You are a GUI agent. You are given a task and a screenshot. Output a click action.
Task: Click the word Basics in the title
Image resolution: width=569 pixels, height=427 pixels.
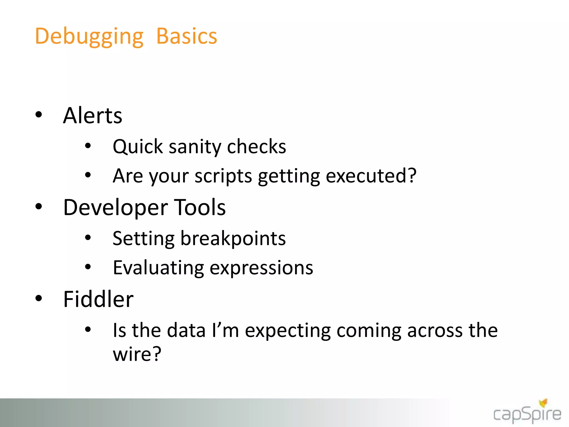[186, 37]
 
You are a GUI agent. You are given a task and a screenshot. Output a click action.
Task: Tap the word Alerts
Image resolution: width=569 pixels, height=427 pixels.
[93, 116]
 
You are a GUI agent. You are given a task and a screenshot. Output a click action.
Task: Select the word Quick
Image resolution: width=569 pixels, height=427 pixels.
[138, 147]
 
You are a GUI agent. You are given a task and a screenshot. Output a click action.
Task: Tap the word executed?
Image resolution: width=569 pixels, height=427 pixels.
[371, 176]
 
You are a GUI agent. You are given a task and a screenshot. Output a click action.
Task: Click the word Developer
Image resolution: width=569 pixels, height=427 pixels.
[115, 208]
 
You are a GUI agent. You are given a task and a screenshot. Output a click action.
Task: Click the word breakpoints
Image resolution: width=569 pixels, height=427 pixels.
[233, 239]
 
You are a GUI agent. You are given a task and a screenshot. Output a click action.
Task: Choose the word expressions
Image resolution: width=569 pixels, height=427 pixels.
[261, 268]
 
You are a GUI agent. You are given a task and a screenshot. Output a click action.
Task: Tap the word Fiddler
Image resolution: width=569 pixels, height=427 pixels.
[98, 299]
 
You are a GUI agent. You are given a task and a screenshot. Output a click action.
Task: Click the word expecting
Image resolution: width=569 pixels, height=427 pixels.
[288, 331]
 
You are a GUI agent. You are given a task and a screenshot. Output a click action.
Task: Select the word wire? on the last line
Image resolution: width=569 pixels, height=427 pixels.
[137, 354]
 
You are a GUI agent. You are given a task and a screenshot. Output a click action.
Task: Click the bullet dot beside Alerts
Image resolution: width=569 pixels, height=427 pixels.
[39, 115]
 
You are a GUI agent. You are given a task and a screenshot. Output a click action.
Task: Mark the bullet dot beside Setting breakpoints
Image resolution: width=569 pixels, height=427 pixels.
[88, 238]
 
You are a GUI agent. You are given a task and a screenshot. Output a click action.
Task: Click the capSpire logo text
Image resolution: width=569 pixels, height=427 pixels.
[527, 415]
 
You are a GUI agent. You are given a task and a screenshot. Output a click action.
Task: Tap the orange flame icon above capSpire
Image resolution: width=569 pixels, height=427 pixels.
[543, 403]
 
